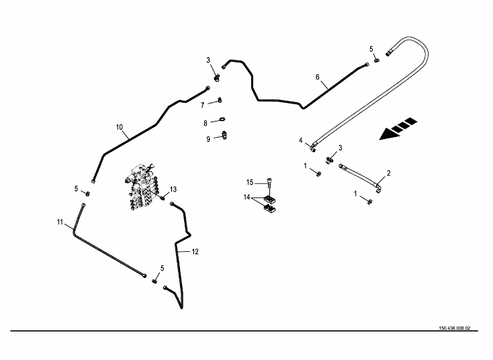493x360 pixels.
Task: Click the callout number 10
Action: point(120,127)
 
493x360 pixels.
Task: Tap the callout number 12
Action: point(195,252)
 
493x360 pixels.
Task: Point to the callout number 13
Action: point(173,189)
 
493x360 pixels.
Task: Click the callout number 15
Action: point(250,182)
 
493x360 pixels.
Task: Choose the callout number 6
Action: point(318,77)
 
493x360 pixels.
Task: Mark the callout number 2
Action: point(388,173)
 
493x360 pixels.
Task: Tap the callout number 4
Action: point(302,140)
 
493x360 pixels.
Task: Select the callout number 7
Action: point(202,105)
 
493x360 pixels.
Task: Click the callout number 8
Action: point(206,123)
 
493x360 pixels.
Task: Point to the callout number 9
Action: point(208,139)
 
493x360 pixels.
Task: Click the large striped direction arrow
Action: point(398,130)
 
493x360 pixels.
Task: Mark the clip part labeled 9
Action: point(224,136)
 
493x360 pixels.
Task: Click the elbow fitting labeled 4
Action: point(313,142)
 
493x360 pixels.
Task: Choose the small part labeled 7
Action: point(220,101)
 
